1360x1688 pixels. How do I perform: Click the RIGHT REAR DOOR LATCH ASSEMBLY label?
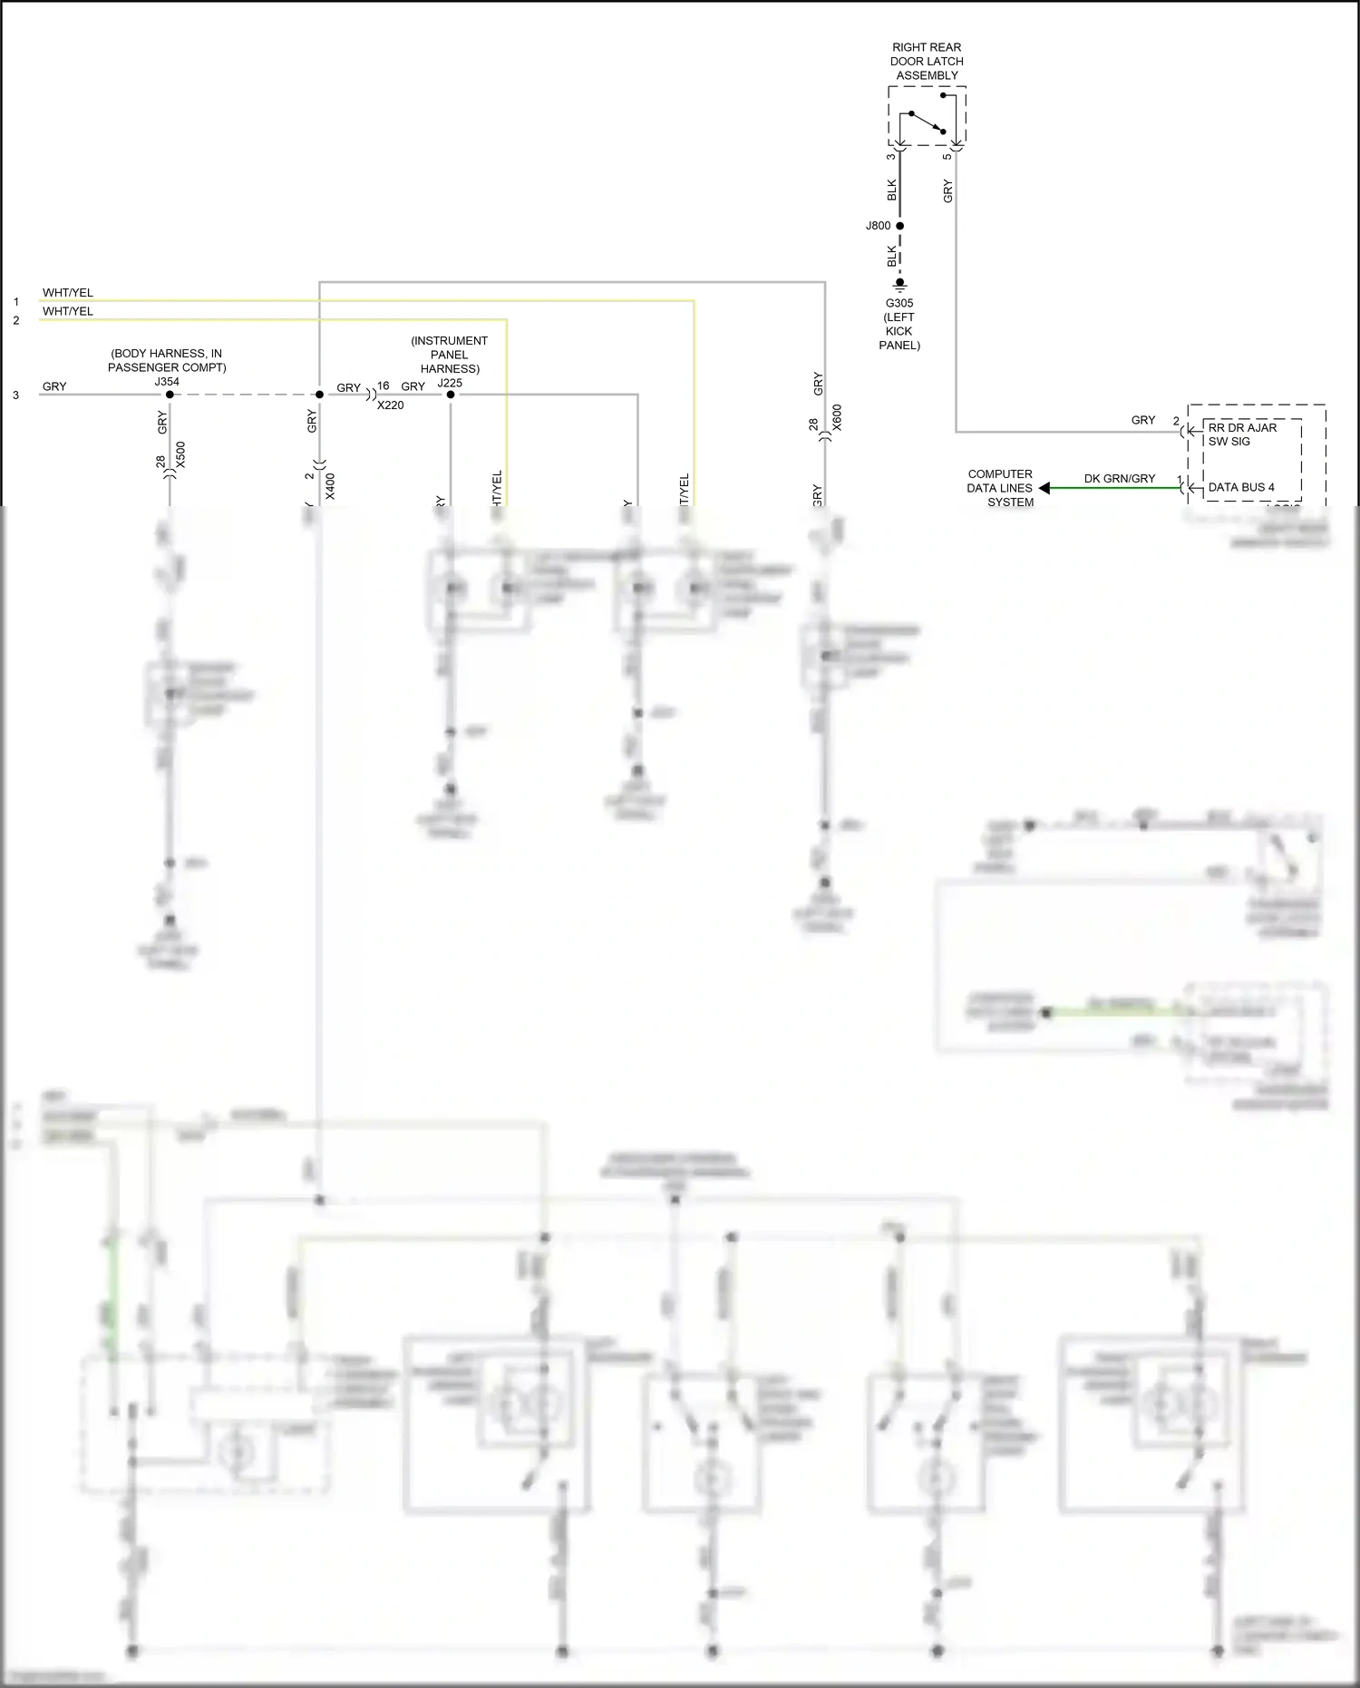click(927, 62)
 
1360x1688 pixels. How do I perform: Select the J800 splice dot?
click(899, 226)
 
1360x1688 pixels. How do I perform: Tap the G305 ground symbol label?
click(899, 324)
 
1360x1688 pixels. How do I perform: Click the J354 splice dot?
click(170, 395)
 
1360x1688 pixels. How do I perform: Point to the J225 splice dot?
click(451, 395)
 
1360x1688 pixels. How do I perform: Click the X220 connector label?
click(391, 405)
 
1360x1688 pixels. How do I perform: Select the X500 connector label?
click(180, 454)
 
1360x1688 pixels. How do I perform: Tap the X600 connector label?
click(837, 417)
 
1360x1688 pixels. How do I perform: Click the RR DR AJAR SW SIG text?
click(1241, 434)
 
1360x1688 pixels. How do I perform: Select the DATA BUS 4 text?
click(1240, 487)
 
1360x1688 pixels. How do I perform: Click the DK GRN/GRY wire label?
click(1119, 478)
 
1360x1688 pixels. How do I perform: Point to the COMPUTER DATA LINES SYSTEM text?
click(1000, 488)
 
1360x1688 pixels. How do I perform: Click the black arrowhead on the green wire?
click(1044, 488)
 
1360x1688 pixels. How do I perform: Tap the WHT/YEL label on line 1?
click(68, 293)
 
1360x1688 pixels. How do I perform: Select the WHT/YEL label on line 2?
click(68, 311)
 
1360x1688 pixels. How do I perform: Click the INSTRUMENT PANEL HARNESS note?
click(450, 355)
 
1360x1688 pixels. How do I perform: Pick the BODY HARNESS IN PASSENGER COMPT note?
click(167, 360)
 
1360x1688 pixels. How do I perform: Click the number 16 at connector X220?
click(384, 386)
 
